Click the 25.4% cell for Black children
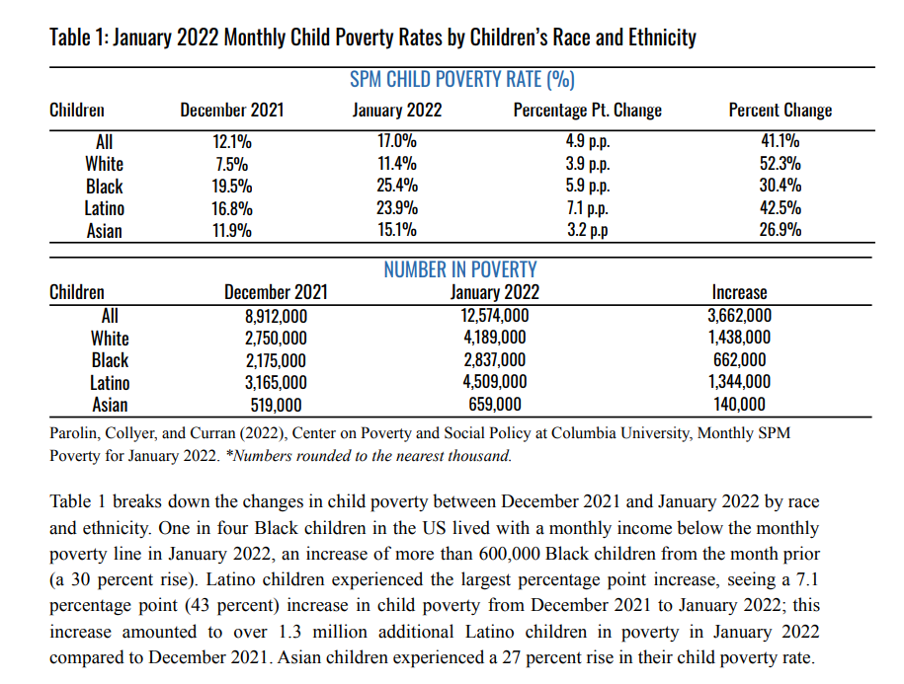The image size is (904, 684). [397, 186]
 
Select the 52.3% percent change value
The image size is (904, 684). [781, 164]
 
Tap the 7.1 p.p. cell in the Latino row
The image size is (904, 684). [588, 208]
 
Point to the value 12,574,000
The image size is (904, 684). [495, 316]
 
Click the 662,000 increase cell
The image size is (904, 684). [740, 360]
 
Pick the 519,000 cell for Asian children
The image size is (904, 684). [277, 406]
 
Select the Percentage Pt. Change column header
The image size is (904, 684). [588, 110]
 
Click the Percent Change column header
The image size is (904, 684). [781, 110]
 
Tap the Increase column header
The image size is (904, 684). [740, 292]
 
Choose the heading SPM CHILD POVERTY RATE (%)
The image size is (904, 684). [462, 79]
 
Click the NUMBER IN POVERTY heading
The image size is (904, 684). [460, 269]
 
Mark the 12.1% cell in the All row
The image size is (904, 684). [232, 142]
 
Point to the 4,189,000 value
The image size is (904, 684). [495, 338]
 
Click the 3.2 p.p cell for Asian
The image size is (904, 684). [588, 230]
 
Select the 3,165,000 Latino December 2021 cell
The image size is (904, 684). [277, 383]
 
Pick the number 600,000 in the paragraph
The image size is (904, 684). [510, 554]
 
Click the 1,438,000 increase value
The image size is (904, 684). [740, 338]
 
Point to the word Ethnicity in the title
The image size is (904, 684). [662, 38]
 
